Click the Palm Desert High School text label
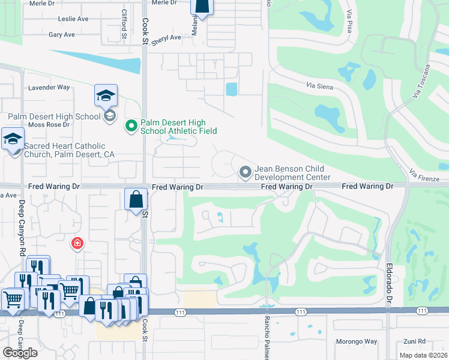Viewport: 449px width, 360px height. pyautogui.click(x=54, y=116)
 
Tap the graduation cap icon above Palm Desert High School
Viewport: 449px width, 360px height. pyautogui.click(x=106, y=95)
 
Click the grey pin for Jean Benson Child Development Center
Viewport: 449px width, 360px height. pyautogui.click(x=245, y=173)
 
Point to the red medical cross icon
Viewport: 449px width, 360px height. pyautogui.click(x=77, y=243)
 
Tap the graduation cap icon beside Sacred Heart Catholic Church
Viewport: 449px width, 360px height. pyautogui.click(x=13, y=139)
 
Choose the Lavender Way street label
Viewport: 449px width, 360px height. pyautogui.click(x=49, y=88)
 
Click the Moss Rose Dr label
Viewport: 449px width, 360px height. pyautogui.click(x=49, y=125)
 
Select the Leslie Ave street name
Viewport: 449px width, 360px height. pyautogui.click(x=73, y=19)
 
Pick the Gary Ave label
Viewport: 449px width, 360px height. pyautogui.click(x=61, y=35)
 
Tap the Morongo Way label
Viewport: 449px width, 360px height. pyautogui.click(x=357, y=341)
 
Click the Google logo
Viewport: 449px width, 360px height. pyautogui.click(x=20, y=353)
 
